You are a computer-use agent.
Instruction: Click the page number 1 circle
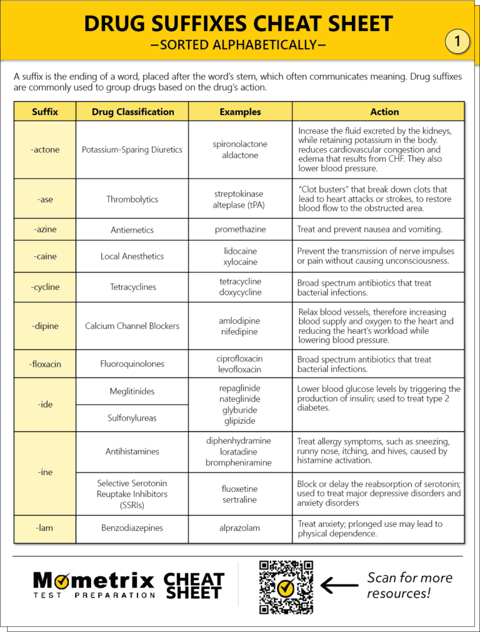(x=457, y=42)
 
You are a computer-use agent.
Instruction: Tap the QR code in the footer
(x=286, y=587)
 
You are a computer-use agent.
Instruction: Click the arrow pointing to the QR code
(x=339, y=586)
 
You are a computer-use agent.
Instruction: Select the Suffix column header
(x=45, y=112)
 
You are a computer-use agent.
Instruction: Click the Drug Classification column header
(x=132, y=112)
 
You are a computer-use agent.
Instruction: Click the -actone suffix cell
(x=45, y=149)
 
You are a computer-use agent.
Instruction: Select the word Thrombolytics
(x=132, y=199)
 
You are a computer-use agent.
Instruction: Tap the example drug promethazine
(x=240, y=229)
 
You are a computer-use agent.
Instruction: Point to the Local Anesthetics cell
(x=132, y=256)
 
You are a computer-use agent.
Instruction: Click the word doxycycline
(x=240, y=293)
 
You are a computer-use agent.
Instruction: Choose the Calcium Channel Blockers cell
(x=132, y=326)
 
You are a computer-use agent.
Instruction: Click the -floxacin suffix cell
(x=45, y=364)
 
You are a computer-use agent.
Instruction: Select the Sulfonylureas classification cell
(x=132, y=418)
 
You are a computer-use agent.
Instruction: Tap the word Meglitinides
(x=132, y=391)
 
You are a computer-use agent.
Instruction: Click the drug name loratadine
(x=240, y=451)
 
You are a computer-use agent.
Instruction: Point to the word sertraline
(x=240, y=499)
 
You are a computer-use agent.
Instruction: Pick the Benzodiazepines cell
(x=132, y=528)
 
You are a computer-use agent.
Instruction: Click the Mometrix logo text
(x=94, y=581)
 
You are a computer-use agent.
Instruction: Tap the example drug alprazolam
(x=240, y=528)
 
